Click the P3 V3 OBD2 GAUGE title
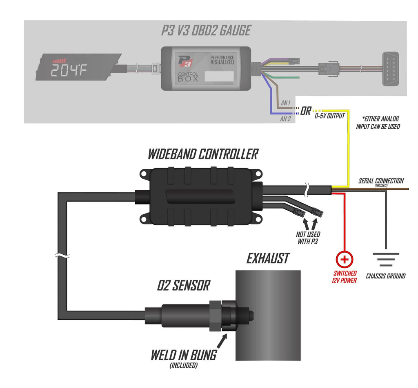206,31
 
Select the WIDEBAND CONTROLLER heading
203,155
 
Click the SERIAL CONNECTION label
381,181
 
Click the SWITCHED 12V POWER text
345,277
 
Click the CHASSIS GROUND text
386,276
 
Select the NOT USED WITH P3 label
308,238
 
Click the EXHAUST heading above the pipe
268,259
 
